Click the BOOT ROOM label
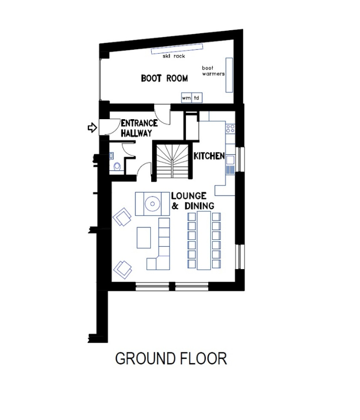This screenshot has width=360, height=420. pyautogui.click(x=164, y=78)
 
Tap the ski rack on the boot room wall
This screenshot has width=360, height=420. pyautogui.click(x=177, y=49)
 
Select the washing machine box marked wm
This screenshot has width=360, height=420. pyautogui.click(x=186, y=98)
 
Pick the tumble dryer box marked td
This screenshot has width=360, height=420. pyautogui.click(x=197, y=98)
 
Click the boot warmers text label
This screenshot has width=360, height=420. pyautogui.click(x=213, y=71)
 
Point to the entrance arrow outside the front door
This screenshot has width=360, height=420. pyautogui.click(x=92, y=128)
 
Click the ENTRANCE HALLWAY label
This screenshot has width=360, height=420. pyautogui.click(x=139, y=128)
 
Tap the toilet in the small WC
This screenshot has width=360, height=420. pyautogui.click(x=117, y=166)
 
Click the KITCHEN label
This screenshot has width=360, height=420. pyautogui.click(x=209, y=156)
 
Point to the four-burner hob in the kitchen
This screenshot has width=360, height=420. pyautogui.click(x=230, y=129)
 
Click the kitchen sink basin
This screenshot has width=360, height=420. pyautogui.click(x=230, y=160)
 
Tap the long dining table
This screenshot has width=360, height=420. pyautogui.click(x=204, y=240)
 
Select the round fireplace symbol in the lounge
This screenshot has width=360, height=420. pyautogui.click(x=152, y=204)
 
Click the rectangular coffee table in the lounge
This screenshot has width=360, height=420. pyautogui.click(x=144, y=238)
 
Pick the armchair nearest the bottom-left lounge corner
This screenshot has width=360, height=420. pyautogui.click(x=123, y=270)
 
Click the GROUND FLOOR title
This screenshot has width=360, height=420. pyautogui.click(x=171, y=358)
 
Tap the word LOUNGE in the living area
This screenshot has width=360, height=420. pyautogui.click(x=188, y=196)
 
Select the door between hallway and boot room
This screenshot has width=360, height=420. pyautogui.click(x=162, y=114)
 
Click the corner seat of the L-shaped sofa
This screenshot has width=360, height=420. pyautogui.click(x=163, y=263)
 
